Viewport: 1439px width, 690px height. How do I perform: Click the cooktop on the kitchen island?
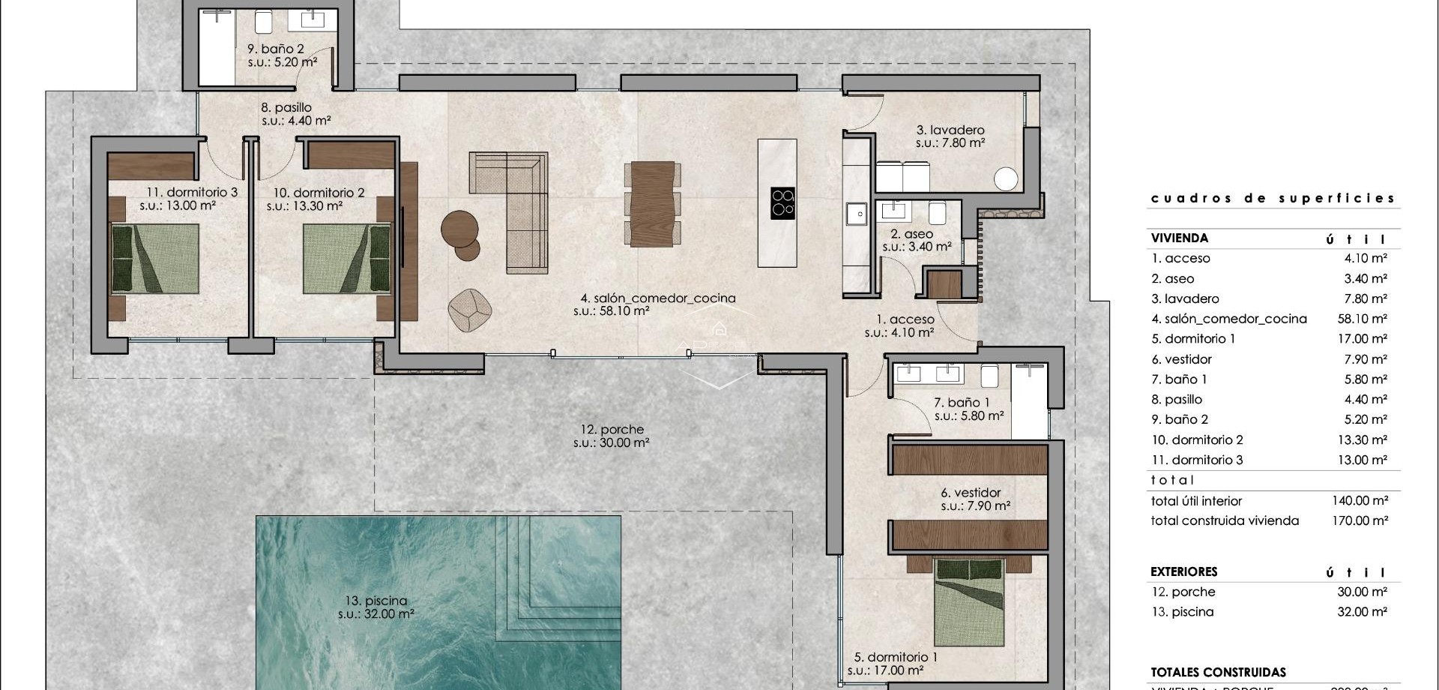point(782,202)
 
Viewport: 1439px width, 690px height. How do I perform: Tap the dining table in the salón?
point(653,203)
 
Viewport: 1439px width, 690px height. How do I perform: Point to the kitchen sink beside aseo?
point(857,214)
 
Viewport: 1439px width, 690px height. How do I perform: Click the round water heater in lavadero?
point(1006,179)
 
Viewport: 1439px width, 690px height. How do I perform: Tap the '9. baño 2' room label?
point(276,49)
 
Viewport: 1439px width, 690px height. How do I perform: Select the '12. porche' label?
point(612,430)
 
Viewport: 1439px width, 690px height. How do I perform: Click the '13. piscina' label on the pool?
point(376,601)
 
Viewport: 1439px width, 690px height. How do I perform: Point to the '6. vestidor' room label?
point(971,493)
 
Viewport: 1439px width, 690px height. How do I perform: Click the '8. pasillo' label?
point(286,107)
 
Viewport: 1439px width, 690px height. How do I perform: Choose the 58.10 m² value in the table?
point(1362,319)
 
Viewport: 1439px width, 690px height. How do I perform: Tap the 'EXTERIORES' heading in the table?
point(1183,571)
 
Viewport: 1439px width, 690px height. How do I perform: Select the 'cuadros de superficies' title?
point(1273,199)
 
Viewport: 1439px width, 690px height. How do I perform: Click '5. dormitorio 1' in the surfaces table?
point(1193,339)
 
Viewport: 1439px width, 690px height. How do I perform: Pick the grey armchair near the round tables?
point(470,308)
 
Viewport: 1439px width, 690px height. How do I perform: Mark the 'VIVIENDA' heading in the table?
point(1179,238)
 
